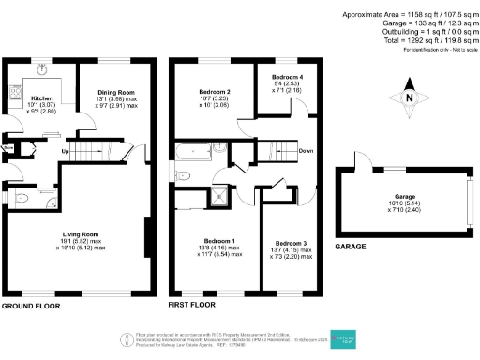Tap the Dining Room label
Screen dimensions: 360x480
[x=113, y=92]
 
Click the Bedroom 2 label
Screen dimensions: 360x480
[x=211, y=92]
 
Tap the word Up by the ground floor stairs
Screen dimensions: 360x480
[x=65, y=150]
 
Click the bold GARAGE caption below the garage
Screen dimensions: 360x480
[x=351, y=247]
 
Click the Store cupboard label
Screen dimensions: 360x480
[x=7, y=147]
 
